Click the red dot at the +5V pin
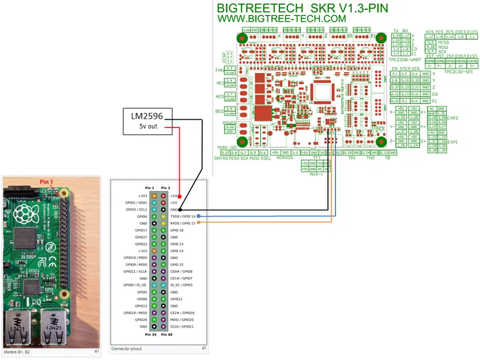pos(181,196)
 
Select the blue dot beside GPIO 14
pos(198,217)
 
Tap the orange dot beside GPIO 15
pos(198,223)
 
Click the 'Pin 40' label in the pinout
pos(166,334)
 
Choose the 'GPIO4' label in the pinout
pos(140,217)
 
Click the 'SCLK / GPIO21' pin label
pos(182,327)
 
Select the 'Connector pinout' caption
pos(127,348)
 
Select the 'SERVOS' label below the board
pos(285,157)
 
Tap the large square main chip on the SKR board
pos(320,92)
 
